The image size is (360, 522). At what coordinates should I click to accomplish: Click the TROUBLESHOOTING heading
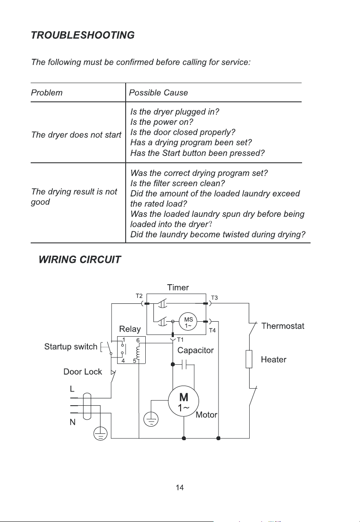tap(83, 35)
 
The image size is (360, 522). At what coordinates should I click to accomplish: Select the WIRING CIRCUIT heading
tap(80, 260)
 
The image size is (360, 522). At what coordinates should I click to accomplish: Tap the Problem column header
tap(46, 93)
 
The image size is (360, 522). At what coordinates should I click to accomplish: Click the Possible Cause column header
tap(158, 93)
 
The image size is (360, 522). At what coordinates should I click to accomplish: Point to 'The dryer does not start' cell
tap(76, 135)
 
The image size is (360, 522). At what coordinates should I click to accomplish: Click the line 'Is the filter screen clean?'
tap(177, 183)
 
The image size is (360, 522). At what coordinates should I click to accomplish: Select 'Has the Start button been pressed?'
tap(197, 153)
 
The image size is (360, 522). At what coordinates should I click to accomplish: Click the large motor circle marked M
tap(184, 401)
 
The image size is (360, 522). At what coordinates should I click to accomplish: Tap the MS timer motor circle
tap(188, 322)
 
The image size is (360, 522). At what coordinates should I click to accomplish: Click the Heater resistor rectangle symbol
tap(249, 359)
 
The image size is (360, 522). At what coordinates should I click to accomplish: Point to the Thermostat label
tap(282, 326)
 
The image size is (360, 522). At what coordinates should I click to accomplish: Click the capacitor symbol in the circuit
tap(184, 364)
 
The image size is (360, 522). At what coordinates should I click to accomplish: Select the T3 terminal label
tap(214, 297)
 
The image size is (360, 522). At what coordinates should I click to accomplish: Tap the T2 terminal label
tap(139, 296)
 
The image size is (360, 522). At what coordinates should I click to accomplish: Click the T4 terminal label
tap(212, 330)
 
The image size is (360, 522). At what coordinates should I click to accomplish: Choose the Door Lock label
tap(83, 372)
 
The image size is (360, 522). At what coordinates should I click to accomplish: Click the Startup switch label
tap(71, 346)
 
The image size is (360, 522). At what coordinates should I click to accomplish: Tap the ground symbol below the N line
tap(101, 433)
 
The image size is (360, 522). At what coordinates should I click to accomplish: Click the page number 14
tap(180, 487)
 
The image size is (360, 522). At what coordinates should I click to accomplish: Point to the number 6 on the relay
tap(138, 340)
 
